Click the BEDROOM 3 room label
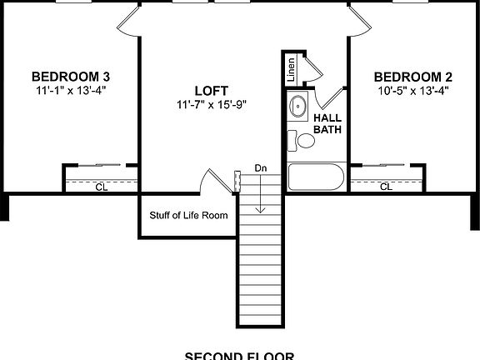[71, 74]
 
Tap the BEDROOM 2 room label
[412, 74]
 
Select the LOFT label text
[212, 90]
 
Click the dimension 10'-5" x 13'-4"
[412, 88]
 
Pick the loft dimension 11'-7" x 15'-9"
[212, 104]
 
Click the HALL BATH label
[327, 123]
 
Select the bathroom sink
[297, 107]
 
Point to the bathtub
[315, 177]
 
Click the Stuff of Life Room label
[188, 215]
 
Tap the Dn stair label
[261, 168]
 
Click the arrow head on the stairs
[261, 208]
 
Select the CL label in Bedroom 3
[101, 187]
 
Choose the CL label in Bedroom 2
[386, 187]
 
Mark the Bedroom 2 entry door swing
[357, 21]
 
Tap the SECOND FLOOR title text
[239, 356]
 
